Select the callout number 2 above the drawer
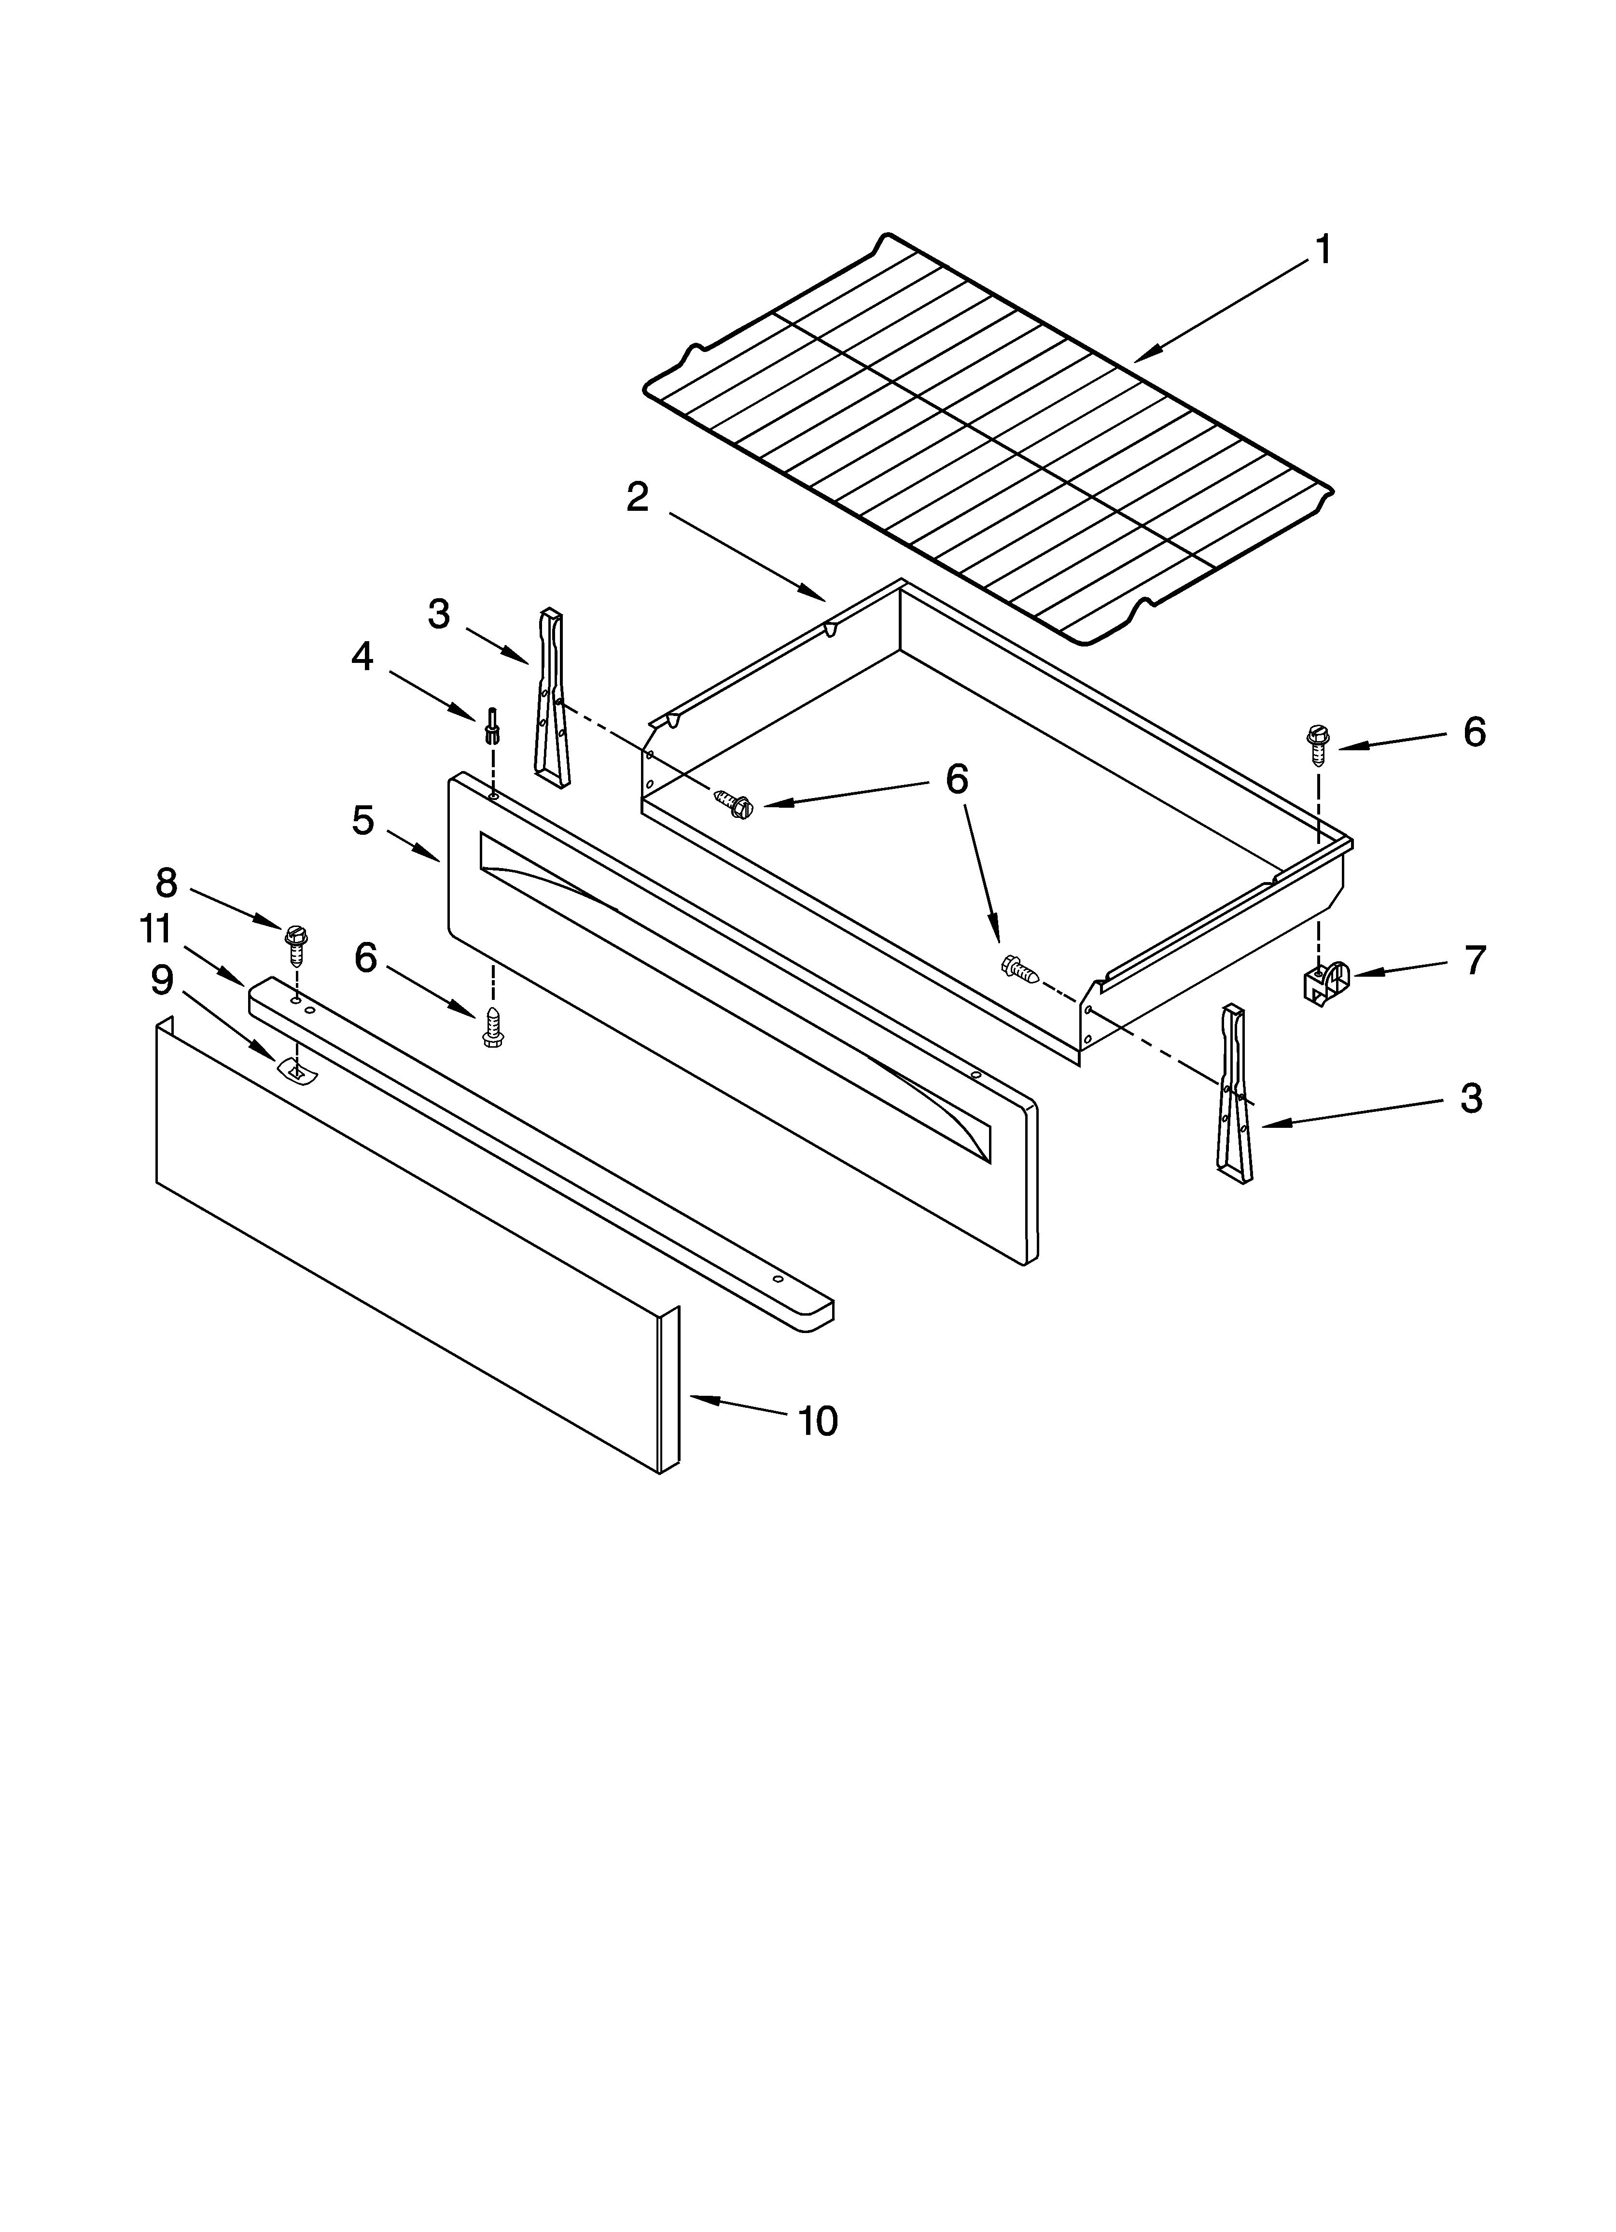coord(638,497)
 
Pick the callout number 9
coord(161,979)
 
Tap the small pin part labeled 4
coord(491,728)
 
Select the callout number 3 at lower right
coord(1470,1098)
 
